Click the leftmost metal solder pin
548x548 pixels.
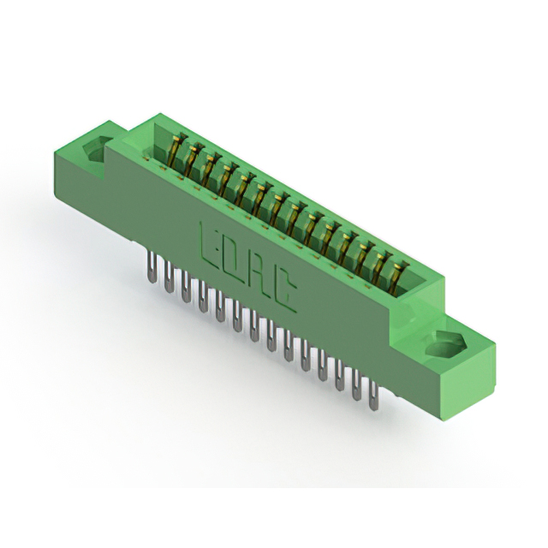tap(151, 268)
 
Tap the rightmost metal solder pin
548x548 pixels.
tap(373, 397)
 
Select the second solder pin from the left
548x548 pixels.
tap(169, 277)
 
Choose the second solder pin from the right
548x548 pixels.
tap(356, 386)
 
